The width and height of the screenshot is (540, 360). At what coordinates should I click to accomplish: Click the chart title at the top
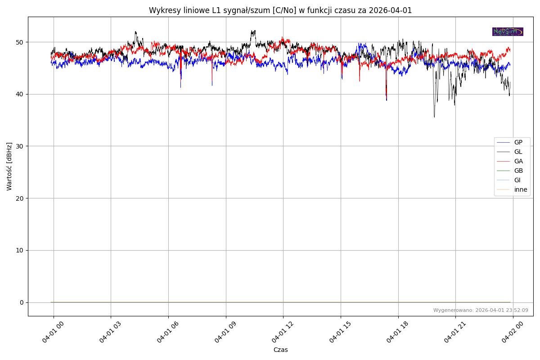pos(280,10)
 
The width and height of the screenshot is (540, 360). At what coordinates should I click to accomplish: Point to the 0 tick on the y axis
pos(21,302)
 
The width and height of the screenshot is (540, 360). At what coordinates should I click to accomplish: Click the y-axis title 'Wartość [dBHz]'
pos(9,166)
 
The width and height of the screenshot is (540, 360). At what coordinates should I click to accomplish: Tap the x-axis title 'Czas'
pos(280,350)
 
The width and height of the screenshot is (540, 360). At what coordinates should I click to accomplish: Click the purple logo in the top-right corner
pos(508,31)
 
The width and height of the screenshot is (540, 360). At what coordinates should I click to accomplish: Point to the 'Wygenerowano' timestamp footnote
pos(481,310)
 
